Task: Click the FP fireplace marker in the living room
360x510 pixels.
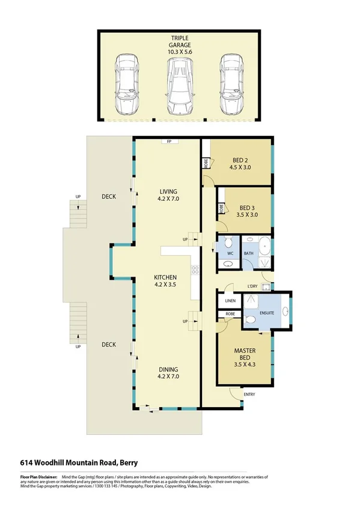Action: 169,143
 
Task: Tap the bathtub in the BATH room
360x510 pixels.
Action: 264,247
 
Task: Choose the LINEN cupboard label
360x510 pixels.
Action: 229,300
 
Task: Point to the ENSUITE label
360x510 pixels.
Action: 267,313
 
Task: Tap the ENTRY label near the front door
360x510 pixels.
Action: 249,395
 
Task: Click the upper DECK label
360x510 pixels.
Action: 108,197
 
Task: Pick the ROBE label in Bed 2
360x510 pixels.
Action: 206,162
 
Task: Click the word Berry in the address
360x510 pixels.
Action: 128,462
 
